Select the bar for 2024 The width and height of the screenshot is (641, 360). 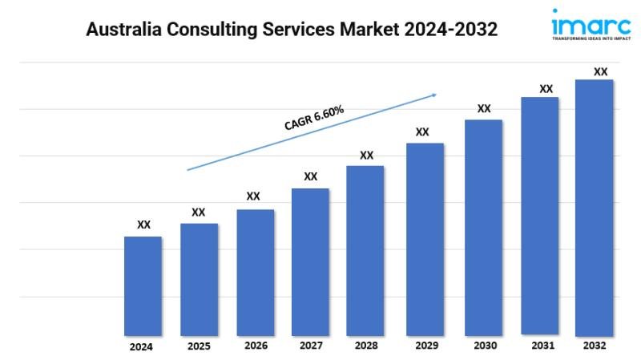point(143,286)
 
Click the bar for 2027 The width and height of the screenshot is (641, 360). point(310,262)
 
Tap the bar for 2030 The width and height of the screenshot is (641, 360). point(484,228)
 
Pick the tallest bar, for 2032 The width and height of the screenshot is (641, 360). point(594,208)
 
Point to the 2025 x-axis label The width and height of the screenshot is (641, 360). point(199,346)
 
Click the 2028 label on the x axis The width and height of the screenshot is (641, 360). point(366,346)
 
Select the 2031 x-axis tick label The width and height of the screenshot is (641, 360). point(543,346)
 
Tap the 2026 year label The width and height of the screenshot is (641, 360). point(256,346)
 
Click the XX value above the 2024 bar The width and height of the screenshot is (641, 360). point(143,224)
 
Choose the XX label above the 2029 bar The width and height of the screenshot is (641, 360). point(422,131)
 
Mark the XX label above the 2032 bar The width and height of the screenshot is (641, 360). point(600,71)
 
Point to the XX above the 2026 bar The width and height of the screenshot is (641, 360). point(253,196)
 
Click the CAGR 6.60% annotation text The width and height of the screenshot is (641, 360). point(314,118)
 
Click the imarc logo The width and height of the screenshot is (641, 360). point(591,24)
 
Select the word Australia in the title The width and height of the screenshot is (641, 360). point(124,30)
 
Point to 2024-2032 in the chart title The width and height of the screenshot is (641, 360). point(451,30)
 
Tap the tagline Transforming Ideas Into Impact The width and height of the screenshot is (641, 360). point(591,38)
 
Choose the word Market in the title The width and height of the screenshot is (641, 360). point(369,30)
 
